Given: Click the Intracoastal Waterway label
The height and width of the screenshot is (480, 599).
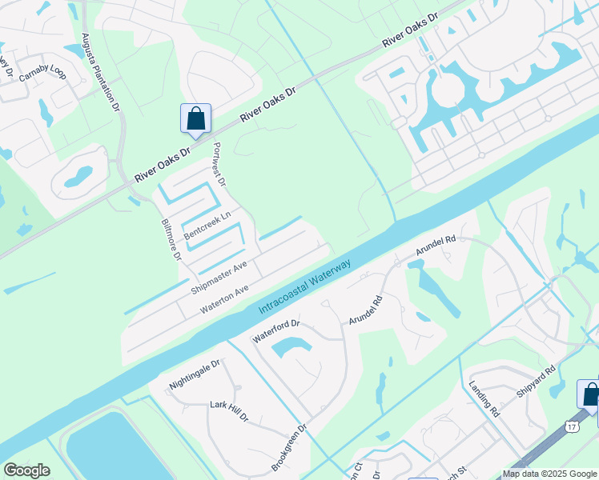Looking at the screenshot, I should [x=305, y=286].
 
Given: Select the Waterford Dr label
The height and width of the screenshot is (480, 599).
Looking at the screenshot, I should [x=276, y=330].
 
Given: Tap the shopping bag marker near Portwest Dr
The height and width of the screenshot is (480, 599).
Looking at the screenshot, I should [x=195, y=120].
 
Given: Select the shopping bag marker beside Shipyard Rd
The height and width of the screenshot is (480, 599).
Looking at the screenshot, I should [x=590, y=395].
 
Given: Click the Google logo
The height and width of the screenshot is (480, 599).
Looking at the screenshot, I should [x=26, y=470].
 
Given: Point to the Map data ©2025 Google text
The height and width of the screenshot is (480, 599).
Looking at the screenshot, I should [x=549, y=474].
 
